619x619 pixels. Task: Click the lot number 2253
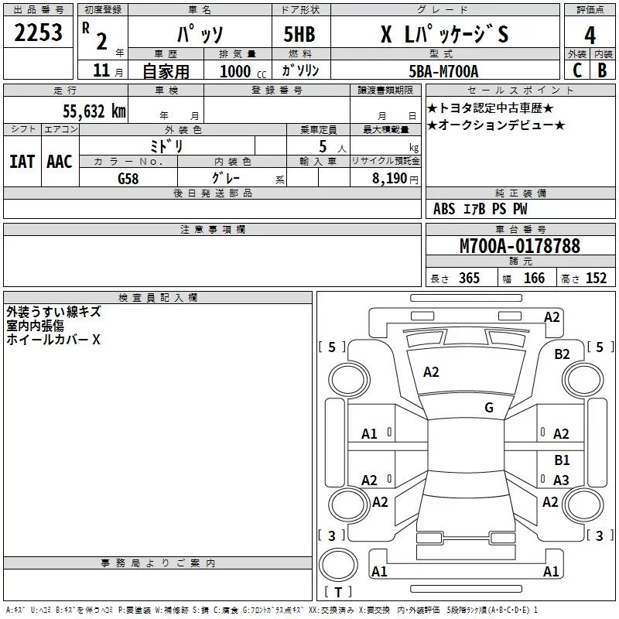(39, 35)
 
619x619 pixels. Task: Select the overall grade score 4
(590, 36)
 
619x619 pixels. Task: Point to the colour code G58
(128, 177)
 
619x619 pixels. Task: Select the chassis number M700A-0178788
(520, 247)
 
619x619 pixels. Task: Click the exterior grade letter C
(576, 70)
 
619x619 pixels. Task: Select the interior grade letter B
(602, 70)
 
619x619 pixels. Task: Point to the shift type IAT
(22, 162)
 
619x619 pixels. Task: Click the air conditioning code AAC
(60, 162)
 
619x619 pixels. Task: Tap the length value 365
(468, 279)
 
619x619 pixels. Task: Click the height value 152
(595, 279)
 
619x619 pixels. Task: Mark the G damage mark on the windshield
(489, 408)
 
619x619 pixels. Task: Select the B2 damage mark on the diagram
(562, 354)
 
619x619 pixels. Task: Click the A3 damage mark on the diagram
(562, 480)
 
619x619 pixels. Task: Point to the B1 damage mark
(562, 460)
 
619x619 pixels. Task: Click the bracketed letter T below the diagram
(338, 593)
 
